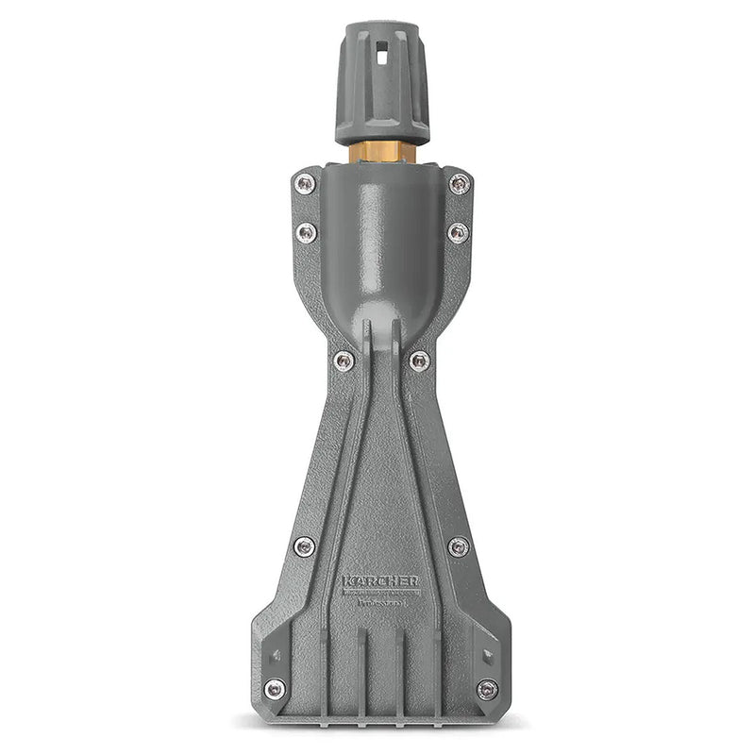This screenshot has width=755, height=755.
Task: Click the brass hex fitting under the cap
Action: coord(382,153)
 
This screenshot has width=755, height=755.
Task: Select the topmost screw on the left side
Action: coord(305,184)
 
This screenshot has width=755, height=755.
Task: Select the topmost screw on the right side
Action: coord(459,184)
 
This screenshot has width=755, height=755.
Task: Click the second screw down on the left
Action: coord(306,233)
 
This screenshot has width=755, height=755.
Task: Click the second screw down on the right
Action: coord(458,233)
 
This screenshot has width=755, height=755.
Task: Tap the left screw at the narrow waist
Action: coord(344,360)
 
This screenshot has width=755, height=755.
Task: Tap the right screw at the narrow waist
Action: coord(419,360)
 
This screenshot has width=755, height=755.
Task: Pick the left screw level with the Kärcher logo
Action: coord(304,546)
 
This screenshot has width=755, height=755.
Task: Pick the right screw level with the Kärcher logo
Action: coord(458,546)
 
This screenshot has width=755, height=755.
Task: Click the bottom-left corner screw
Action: coord(275,689)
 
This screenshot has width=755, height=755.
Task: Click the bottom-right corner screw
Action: coord(487,689)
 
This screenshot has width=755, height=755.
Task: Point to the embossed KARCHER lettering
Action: coord(381,581)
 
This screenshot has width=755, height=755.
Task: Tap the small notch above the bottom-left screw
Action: coord(275,655)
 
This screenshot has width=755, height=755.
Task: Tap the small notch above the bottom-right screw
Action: coord(487,655)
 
